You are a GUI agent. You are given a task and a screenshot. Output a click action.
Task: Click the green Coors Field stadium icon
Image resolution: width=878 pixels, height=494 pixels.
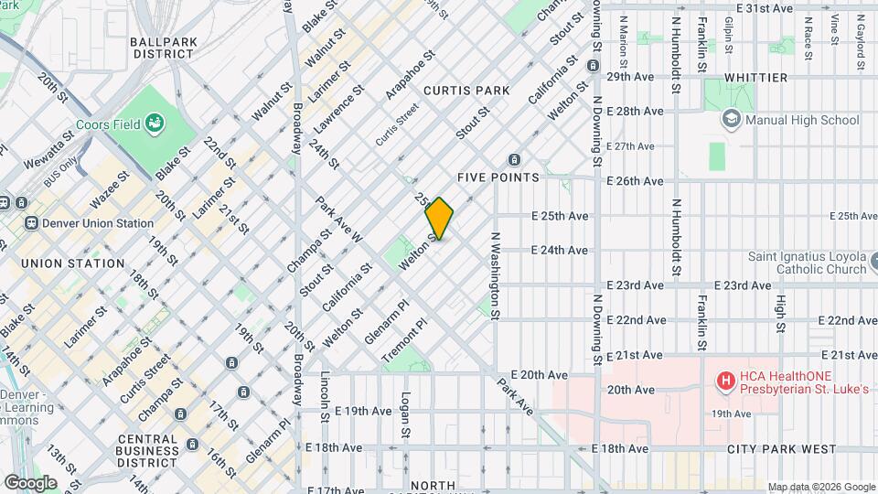[x=155, y=123]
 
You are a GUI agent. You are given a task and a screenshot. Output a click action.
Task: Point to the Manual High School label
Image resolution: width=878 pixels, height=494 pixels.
[x=802, y=120]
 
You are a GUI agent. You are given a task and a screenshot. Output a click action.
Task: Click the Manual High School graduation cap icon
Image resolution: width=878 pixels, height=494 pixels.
[x=731, y=119]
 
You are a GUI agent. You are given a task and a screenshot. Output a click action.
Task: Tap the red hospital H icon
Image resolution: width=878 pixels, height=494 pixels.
[x=726, y=380]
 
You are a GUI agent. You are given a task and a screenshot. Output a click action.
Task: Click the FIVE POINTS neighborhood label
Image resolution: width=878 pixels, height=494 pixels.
[x=498, y=177]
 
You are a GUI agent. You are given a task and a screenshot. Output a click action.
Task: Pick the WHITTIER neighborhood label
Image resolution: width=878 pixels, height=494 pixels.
[x=755, y=78]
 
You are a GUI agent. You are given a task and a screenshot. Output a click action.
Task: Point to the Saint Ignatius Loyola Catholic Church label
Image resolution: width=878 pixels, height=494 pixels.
[x=808, y=263]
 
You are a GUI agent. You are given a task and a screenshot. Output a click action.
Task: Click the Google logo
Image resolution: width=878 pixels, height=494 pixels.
[x=30, y=482]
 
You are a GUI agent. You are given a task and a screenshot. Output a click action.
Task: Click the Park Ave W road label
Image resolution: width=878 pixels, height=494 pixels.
[x=339, y=220]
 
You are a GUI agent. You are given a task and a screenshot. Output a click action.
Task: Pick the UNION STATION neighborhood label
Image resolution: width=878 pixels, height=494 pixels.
[x=72, y=263]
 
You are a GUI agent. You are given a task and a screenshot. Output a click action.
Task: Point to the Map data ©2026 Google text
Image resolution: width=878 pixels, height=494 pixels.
[x=821, y=487]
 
